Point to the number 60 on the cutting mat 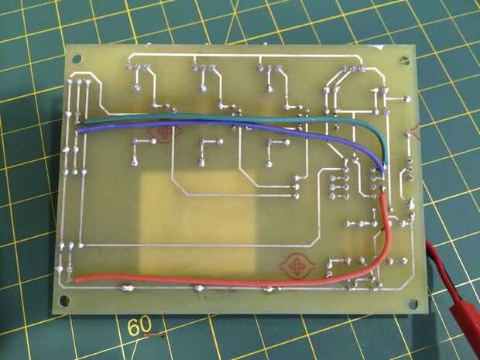[139, 326]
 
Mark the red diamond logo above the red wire [297, 265]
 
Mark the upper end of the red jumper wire [382, 194]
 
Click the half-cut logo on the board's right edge [415, 129]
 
